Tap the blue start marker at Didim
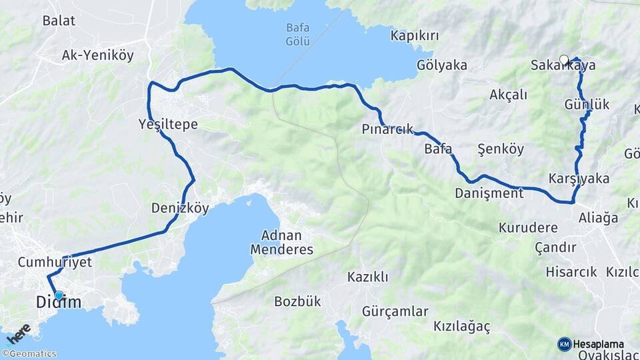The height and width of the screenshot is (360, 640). point(59,295)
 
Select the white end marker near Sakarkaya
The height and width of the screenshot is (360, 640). point(564,60)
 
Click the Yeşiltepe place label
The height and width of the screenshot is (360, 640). point(169,123)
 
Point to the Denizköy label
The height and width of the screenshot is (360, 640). point(180,208)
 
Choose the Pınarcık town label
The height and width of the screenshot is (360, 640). point(388,129)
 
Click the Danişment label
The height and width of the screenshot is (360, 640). point(489,193)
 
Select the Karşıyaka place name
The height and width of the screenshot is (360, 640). point(579,179)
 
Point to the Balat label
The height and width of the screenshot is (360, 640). point(58,20)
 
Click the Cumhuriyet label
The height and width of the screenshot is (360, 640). point(55,262)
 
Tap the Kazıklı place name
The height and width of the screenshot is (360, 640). point(367,277)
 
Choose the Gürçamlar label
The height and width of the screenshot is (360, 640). point(395,311)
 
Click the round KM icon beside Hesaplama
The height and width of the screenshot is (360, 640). point(564,344)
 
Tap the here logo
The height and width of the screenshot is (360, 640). point(18,333)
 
